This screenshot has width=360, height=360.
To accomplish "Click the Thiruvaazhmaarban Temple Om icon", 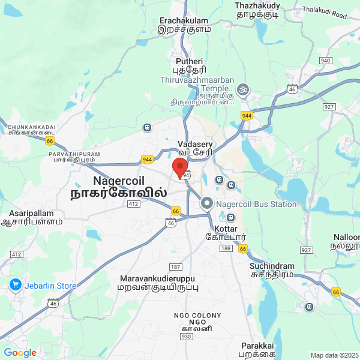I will [243, 89].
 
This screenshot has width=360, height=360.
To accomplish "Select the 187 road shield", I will [176, 266].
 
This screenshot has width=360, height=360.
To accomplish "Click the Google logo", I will [20, 353].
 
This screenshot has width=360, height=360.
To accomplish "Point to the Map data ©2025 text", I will [334, 355].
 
